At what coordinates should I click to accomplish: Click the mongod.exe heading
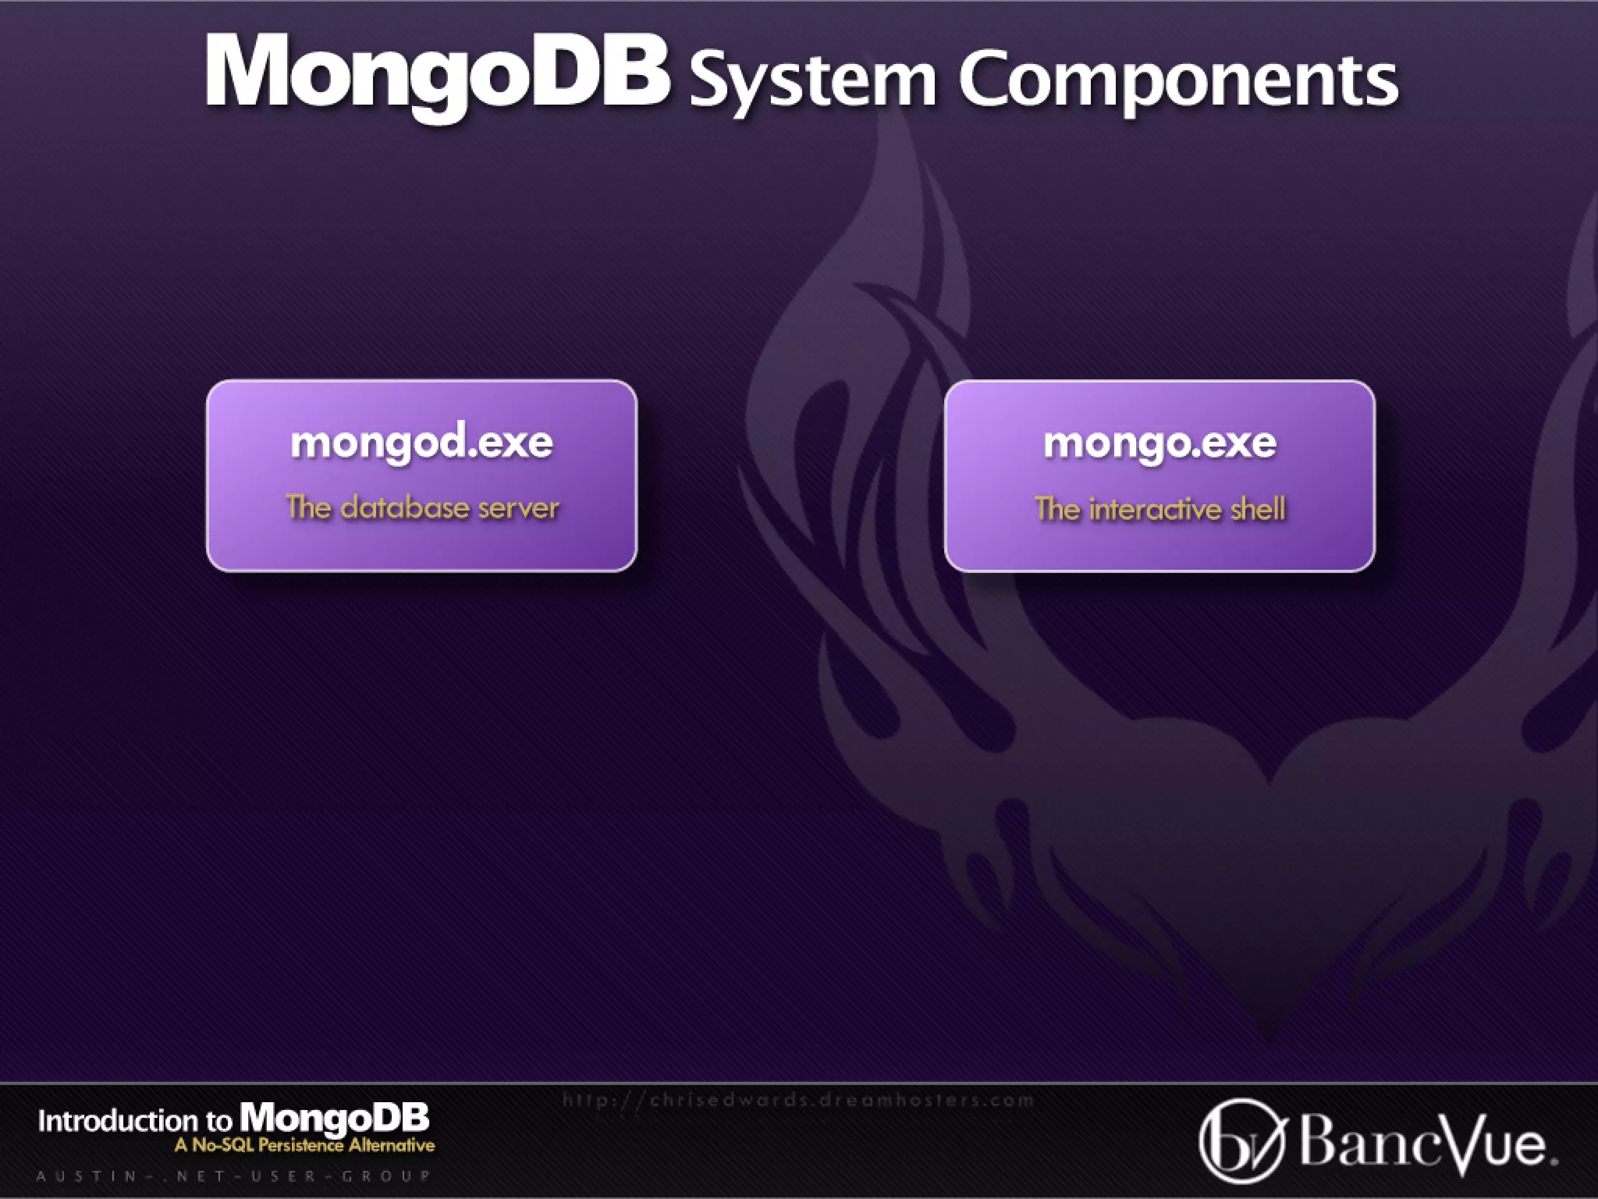point(421,443)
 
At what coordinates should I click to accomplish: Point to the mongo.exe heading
point(1159,443)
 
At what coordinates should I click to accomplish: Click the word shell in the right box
point(1258,510)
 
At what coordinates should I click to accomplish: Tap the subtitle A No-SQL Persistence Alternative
point(304,1146)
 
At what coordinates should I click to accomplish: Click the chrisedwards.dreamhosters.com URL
point(797,1101)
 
